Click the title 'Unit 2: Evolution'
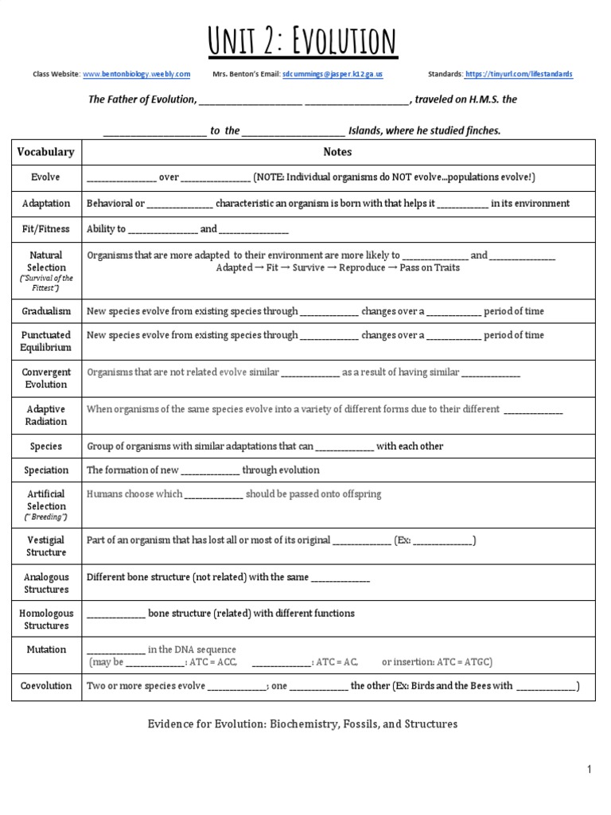tap(302, 41)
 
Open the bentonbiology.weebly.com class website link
tap(136, 75)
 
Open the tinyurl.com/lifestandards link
tap(519, 75)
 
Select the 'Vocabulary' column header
tap(46, 152)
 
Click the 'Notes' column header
tap(337, 152)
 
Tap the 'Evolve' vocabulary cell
tap(46, 177)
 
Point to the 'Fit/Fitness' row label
tap(46, 229)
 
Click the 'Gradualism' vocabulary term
tap(46, 311)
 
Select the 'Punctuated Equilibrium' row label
tap(46, 341)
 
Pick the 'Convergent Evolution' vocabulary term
tap(46, 378)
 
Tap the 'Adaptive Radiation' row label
tap(46, 415)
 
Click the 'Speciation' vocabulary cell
tap(46, 470)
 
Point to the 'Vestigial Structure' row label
tap(46, 546)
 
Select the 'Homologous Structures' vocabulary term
tap(46, 619)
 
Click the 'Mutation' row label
tap(46, 650)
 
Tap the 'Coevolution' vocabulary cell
tap(46, 686)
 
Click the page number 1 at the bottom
tap(589, 770)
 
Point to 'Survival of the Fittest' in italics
tap(46, 283)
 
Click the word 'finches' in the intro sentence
tap(483, 131)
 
